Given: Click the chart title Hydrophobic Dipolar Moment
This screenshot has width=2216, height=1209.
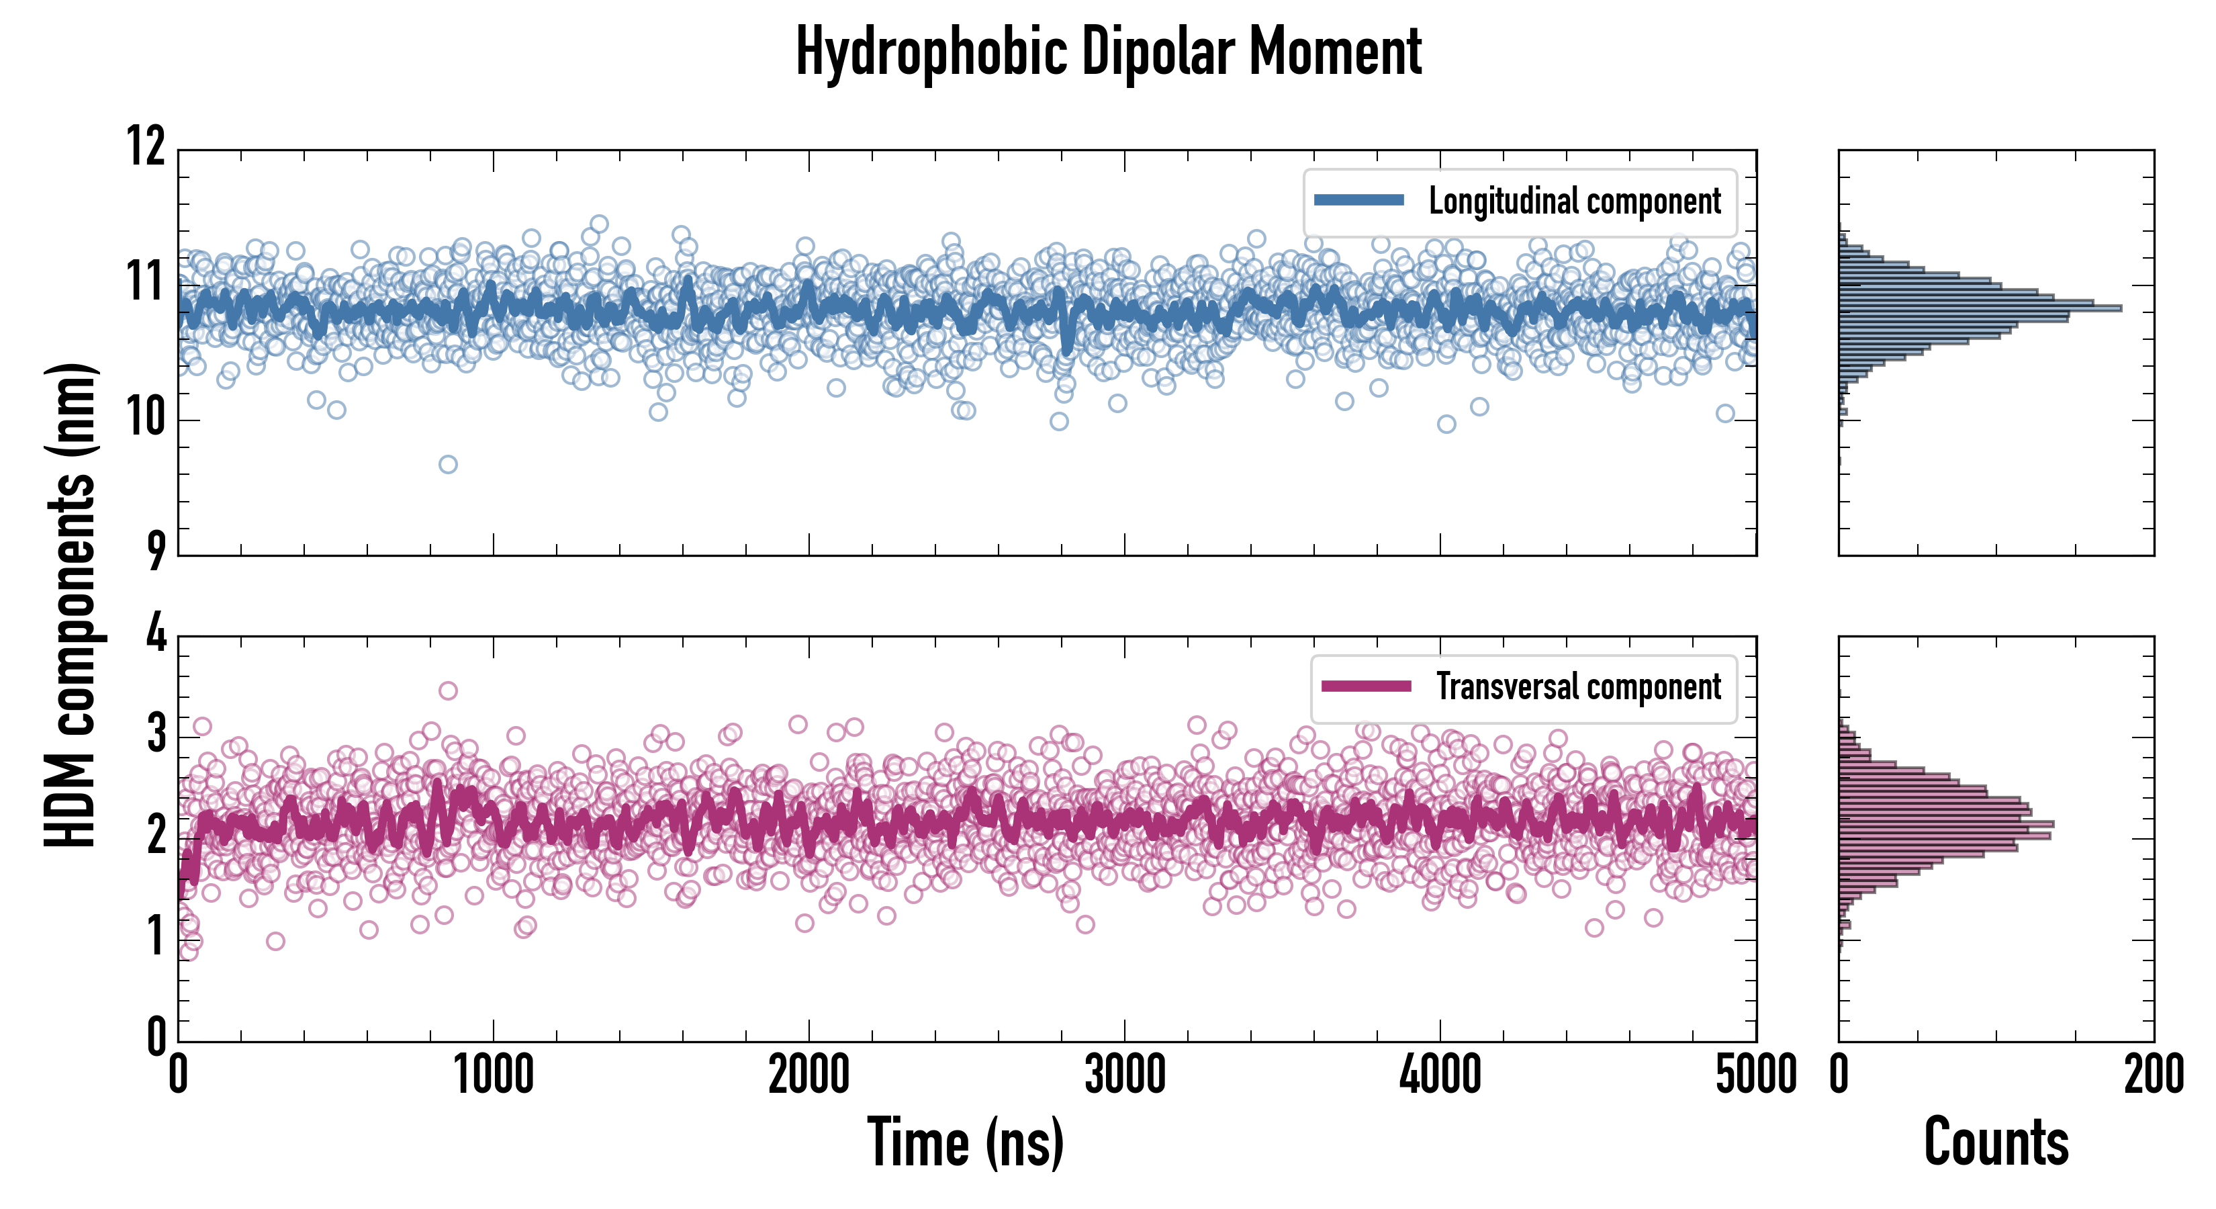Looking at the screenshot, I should [x=1108, y=52].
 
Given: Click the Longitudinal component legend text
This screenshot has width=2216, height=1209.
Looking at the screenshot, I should [x=1574, y=201].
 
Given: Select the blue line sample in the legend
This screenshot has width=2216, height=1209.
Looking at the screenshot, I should [x=1359, y=201].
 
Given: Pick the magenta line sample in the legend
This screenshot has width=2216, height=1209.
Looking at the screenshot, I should [x=1366, y=686].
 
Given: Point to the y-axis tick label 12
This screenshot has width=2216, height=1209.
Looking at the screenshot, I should [x=146, y=146].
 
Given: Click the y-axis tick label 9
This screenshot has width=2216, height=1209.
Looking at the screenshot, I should [x=155, y=551].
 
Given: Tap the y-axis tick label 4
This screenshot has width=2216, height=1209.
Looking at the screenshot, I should [x=156, y=634].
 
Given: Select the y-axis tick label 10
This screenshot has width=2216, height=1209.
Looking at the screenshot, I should [x=146, y=418].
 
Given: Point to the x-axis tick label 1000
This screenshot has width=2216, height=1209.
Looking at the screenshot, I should [x=493, y=1075].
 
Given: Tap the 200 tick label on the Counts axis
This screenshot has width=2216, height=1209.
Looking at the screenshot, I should [x=2154, y=1075].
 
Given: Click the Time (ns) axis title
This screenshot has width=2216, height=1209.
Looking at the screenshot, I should [x=965, y=1142].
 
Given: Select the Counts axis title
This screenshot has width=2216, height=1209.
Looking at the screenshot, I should [x=1996, y=1142].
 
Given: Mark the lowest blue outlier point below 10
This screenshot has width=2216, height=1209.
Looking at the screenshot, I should [x=448, y=465].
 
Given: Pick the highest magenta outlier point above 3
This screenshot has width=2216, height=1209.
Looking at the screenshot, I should [x=447, y=690].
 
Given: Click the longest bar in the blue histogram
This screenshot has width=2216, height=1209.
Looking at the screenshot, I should [x=1978, y=307].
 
